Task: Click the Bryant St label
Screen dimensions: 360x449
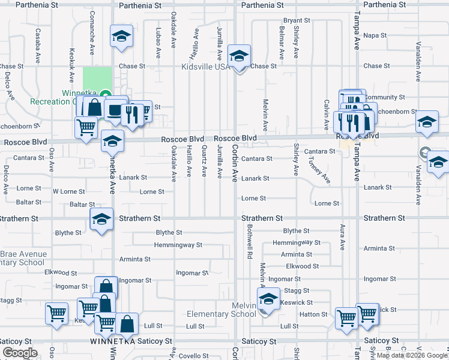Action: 297,20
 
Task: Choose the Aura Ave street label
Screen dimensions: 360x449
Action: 342,237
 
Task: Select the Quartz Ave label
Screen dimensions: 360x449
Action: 205,161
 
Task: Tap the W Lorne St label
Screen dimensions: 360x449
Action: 69,191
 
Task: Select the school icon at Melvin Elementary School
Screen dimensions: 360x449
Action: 269,298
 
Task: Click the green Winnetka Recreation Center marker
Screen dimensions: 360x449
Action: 106,94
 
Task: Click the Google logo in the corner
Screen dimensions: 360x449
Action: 20,352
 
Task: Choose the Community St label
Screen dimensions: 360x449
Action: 385,97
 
